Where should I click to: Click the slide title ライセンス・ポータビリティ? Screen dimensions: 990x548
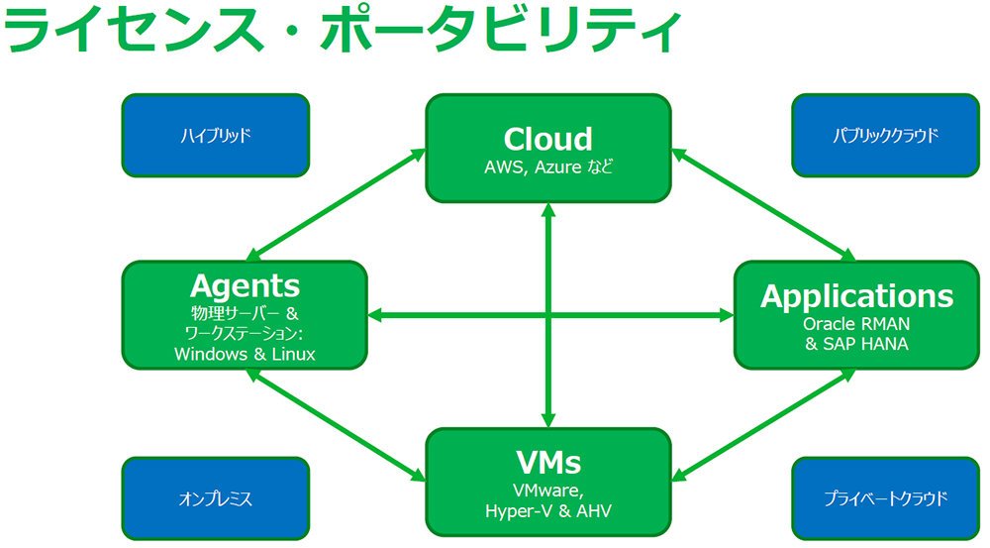click(x=342, y=30)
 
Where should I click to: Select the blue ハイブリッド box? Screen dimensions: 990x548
click(x=215, y=135)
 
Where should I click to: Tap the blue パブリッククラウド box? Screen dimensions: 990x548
click(x=885, y=135)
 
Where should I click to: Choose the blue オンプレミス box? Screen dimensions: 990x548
click(x=215, y=498)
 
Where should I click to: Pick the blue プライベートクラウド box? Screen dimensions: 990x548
click(x=885, y=498)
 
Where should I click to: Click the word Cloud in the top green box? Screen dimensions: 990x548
click(x=548, y=139)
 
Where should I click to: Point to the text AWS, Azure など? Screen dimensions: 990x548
click(x=548, y=167)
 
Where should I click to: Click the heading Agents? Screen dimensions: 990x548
click(x=245, y=286)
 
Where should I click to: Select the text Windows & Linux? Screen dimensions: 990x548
click(x=245, y=354)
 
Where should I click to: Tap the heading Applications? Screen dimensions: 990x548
click(x=856, y=296)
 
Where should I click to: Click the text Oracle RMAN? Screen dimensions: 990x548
click(x=856, y=324)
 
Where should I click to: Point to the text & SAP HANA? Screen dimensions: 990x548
click(x=856, y=345)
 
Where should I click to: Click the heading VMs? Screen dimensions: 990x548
click(x=548, y=463)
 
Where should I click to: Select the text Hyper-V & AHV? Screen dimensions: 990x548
click(x=548, y=510)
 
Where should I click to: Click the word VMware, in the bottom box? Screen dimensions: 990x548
click(x=548, y=491)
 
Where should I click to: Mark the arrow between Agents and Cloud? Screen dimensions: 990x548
click(x=336, y=205)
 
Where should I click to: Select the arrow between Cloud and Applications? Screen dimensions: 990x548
click(x=763, y=205)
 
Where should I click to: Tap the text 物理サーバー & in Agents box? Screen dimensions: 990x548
click(x=245, y=313)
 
